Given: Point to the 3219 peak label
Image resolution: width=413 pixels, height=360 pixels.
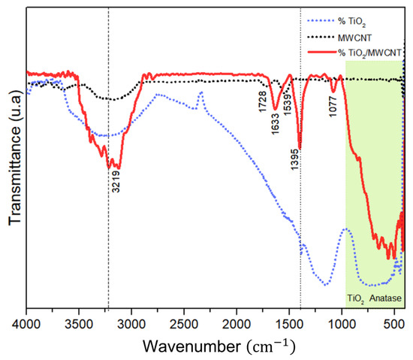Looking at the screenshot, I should click(116, 182).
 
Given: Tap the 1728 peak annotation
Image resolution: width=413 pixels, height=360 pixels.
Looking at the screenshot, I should click(263, 102).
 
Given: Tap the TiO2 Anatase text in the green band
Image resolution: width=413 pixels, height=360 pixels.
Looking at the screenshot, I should click(374, 298).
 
